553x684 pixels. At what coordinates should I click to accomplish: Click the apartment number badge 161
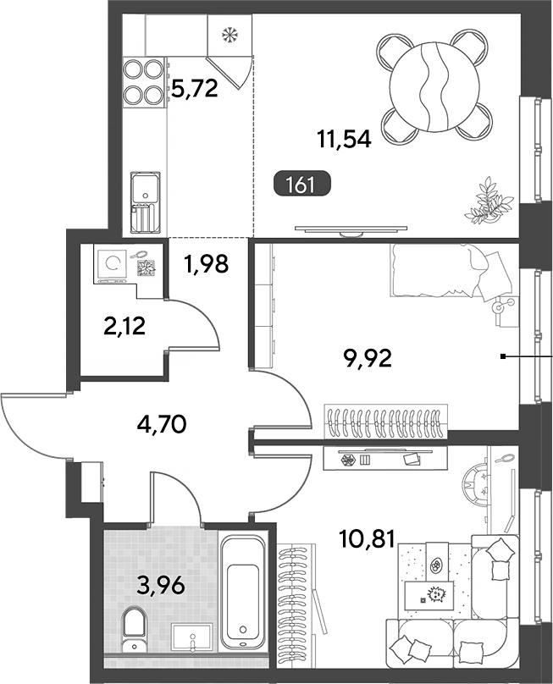(302, 185)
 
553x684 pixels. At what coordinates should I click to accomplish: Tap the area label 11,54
(345, 140)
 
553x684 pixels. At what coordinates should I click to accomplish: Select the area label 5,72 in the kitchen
(195, 89)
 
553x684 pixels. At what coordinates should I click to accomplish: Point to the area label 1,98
(206, 264)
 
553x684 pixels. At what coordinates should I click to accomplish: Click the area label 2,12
(124, 326)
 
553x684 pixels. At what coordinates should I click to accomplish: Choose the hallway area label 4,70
(162, 424)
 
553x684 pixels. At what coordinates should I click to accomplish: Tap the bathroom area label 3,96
(161, 586)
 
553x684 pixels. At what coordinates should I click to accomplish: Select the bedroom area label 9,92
(368, 359)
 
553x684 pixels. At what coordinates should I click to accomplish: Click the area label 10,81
(367, 539)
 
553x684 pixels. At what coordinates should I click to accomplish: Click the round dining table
(434, 87)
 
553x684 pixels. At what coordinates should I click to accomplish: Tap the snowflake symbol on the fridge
(229, 35)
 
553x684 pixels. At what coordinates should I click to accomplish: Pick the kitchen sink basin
(146, 189)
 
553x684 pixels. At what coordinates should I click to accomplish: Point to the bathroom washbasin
(192, 637)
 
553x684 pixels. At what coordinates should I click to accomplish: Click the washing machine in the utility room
(112, 266)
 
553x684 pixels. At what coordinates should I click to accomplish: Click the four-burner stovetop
(143, 82)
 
